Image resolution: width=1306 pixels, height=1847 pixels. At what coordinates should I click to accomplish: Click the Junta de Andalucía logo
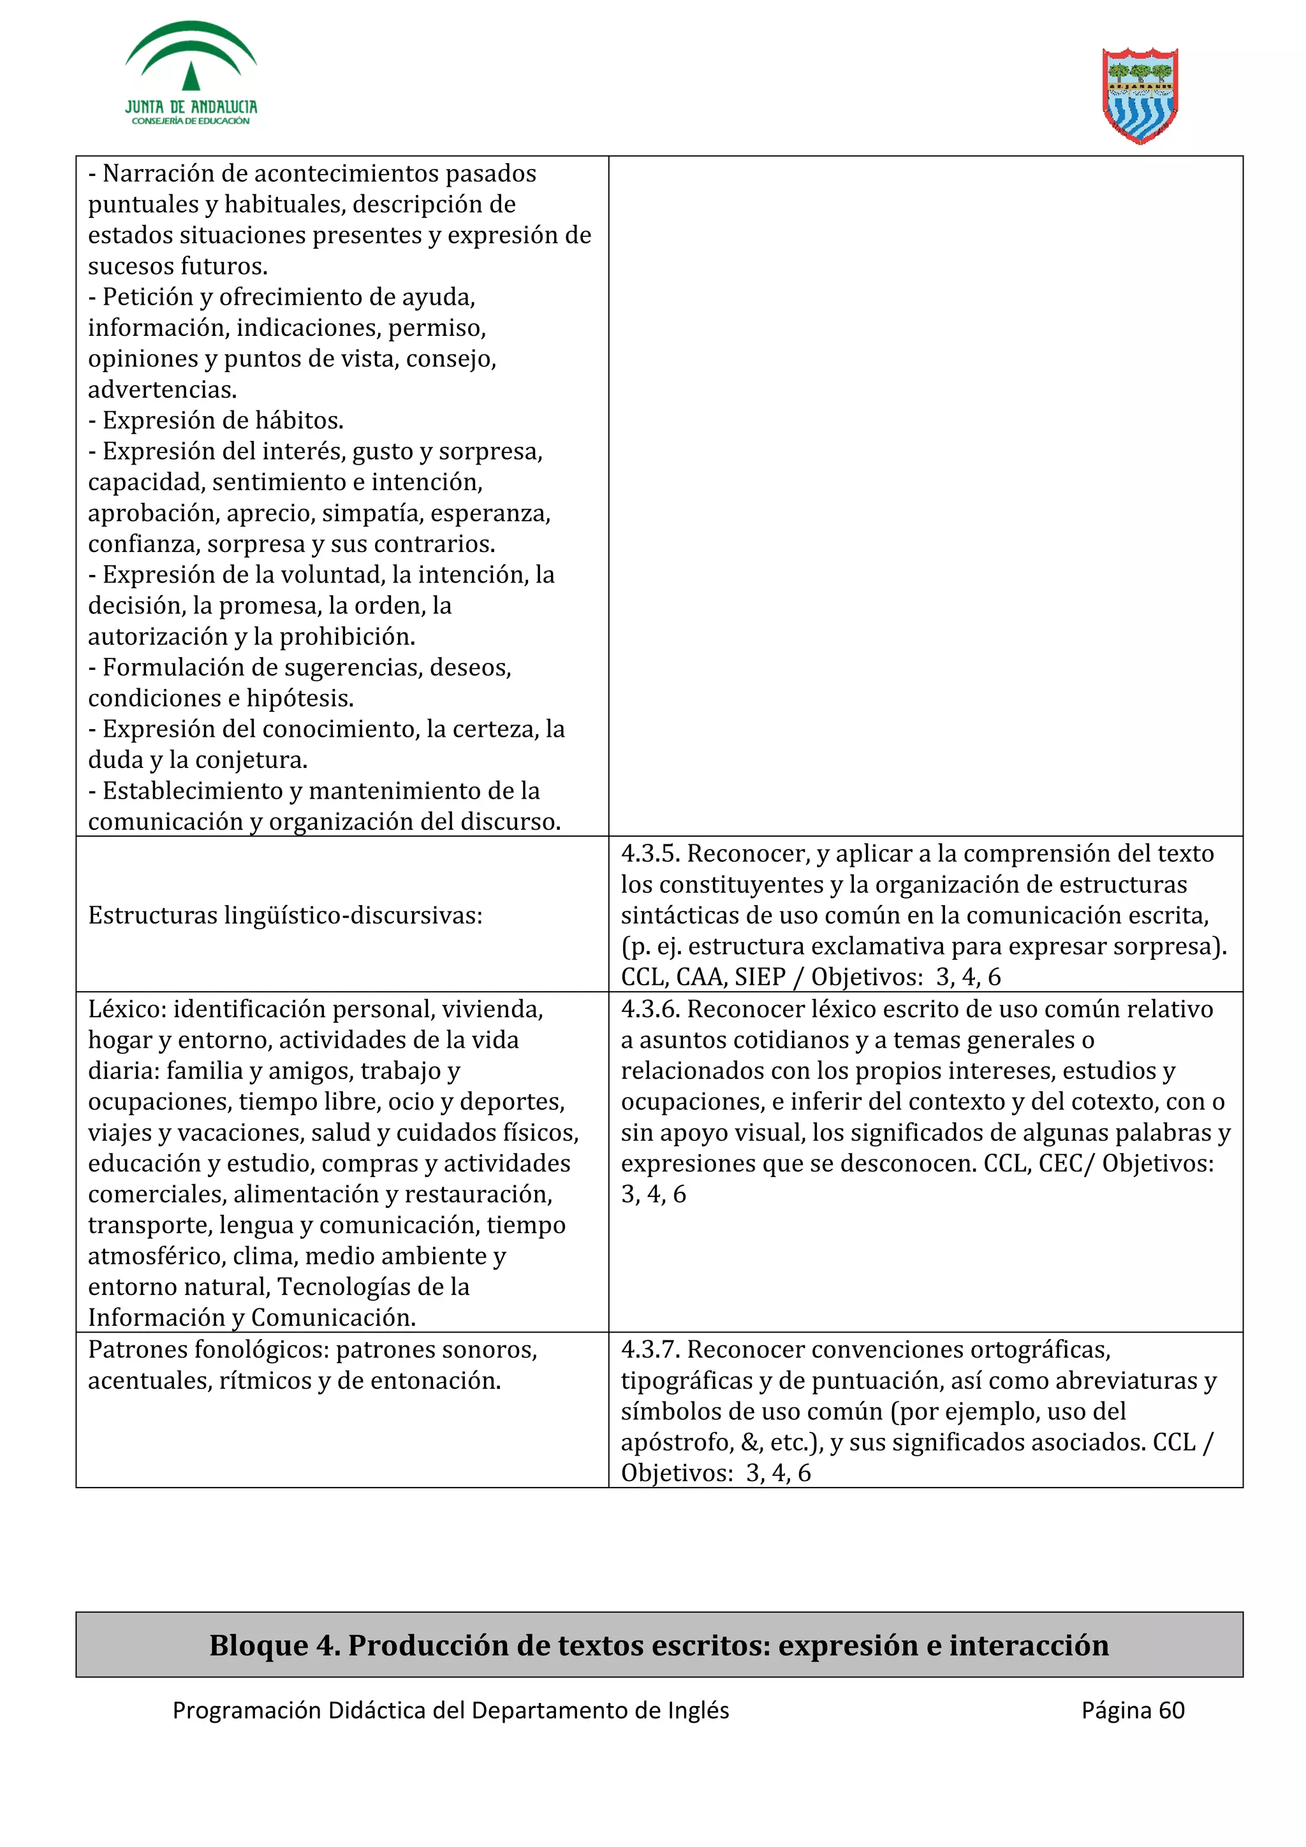[191, 74]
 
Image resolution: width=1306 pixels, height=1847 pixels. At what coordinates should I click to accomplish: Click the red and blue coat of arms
[1140, 96]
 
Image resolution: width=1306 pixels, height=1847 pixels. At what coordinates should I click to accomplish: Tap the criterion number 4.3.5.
[650, 853]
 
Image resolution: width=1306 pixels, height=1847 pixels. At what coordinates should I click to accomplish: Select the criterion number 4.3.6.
[650, 1009]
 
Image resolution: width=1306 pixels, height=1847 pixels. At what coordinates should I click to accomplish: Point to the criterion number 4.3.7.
[650, 1349]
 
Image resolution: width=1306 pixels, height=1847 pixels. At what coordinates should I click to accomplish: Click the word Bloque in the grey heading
[258, 1645]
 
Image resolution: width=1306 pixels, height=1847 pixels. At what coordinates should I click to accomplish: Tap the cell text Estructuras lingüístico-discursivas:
[285, 915]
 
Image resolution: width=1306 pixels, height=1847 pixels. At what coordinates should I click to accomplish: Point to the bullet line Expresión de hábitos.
[216, 421]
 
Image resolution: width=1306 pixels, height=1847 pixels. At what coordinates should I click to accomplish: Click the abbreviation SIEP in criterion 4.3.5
[759, 978]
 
